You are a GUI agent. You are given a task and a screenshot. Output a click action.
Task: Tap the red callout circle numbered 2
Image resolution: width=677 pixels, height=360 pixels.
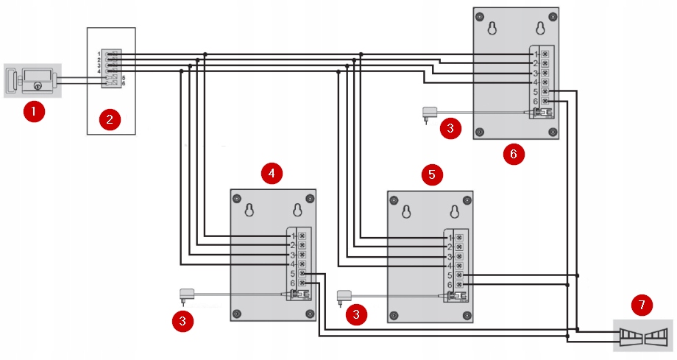click(x=109, y=119)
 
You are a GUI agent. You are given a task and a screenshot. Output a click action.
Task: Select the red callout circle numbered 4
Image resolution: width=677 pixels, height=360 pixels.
click(x=272, y=174)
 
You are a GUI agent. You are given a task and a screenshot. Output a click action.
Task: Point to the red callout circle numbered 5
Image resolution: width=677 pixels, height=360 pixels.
click(x=431, y=174)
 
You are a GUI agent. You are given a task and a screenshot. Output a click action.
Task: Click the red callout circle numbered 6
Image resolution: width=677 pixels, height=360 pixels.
click(x=513, y=154)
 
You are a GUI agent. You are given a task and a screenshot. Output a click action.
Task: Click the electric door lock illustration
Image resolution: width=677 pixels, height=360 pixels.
click(x=33, y=80)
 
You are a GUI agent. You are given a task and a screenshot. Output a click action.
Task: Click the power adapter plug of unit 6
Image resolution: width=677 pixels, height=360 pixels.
click(x=429, y=114)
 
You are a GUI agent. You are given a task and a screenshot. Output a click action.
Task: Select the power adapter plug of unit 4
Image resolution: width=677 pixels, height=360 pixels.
click(x=186, y=296)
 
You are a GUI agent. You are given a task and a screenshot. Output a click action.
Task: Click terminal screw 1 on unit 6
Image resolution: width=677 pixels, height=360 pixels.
click(x=545, y=54)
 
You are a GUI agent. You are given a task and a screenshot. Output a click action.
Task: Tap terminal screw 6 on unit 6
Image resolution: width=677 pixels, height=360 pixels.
click(x=545, y=102)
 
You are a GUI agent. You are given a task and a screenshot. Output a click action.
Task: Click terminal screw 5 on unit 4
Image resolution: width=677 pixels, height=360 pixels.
click(x=302, y=273)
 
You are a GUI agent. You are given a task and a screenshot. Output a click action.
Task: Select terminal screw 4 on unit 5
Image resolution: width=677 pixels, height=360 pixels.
click(x=459, y=265)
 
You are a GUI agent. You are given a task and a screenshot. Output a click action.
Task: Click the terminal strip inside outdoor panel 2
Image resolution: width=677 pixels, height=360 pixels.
click(x=111, y=68)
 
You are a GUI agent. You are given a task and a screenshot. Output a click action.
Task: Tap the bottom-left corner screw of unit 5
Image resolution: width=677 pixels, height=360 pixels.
click(x=394, y=315)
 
